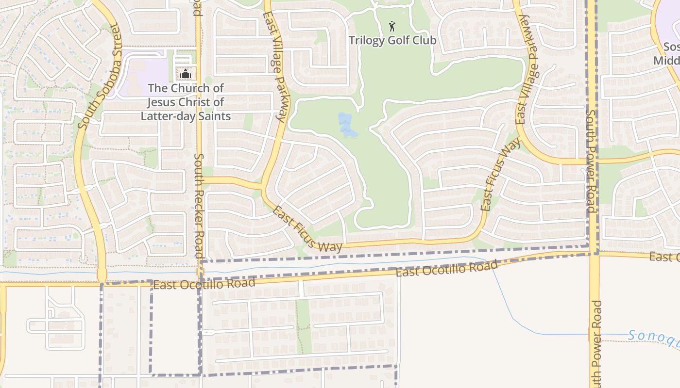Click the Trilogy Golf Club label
[392, 40]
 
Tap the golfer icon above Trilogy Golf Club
[392, 26]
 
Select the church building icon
[185, 74]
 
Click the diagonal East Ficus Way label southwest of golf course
[307, 230]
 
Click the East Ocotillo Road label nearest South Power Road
[447, 268]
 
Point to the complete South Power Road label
[591, 162]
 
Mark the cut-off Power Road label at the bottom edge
[595, 344]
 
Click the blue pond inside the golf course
[346, 124]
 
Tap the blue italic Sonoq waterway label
[653, 338]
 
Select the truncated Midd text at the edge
[666, 61]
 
